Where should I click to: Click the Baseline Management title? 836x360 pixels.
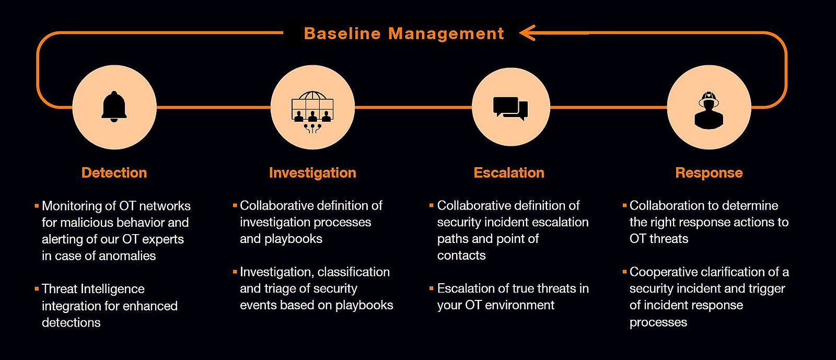(404, 33)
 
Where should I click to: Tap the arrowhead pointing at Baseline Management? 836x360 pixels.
(528, 33)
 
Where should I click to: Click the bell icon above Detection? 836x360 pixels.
(114, 107)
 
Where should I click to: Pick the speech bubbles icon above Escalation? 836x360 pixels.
(510, 109)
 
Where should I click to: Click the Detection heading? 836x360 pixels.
(114, 172)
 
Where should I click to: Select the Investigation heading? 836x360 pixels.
(312, 172)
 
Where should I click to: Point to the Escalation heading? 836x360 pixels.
(509, 172)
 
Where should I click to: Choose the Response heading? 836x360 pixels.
(709, 172)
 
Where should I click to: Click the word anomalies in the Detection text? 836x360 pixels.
(129, 256)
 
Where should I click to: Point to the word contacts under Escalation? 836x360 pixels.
(461, 256)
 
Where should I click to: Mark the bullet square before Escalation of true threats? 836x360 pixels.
(432, 288)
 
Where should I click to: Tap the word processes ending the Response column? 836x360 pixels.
(658, 322)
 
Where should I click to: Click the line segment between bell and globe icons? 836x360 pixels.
(213, 107)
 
